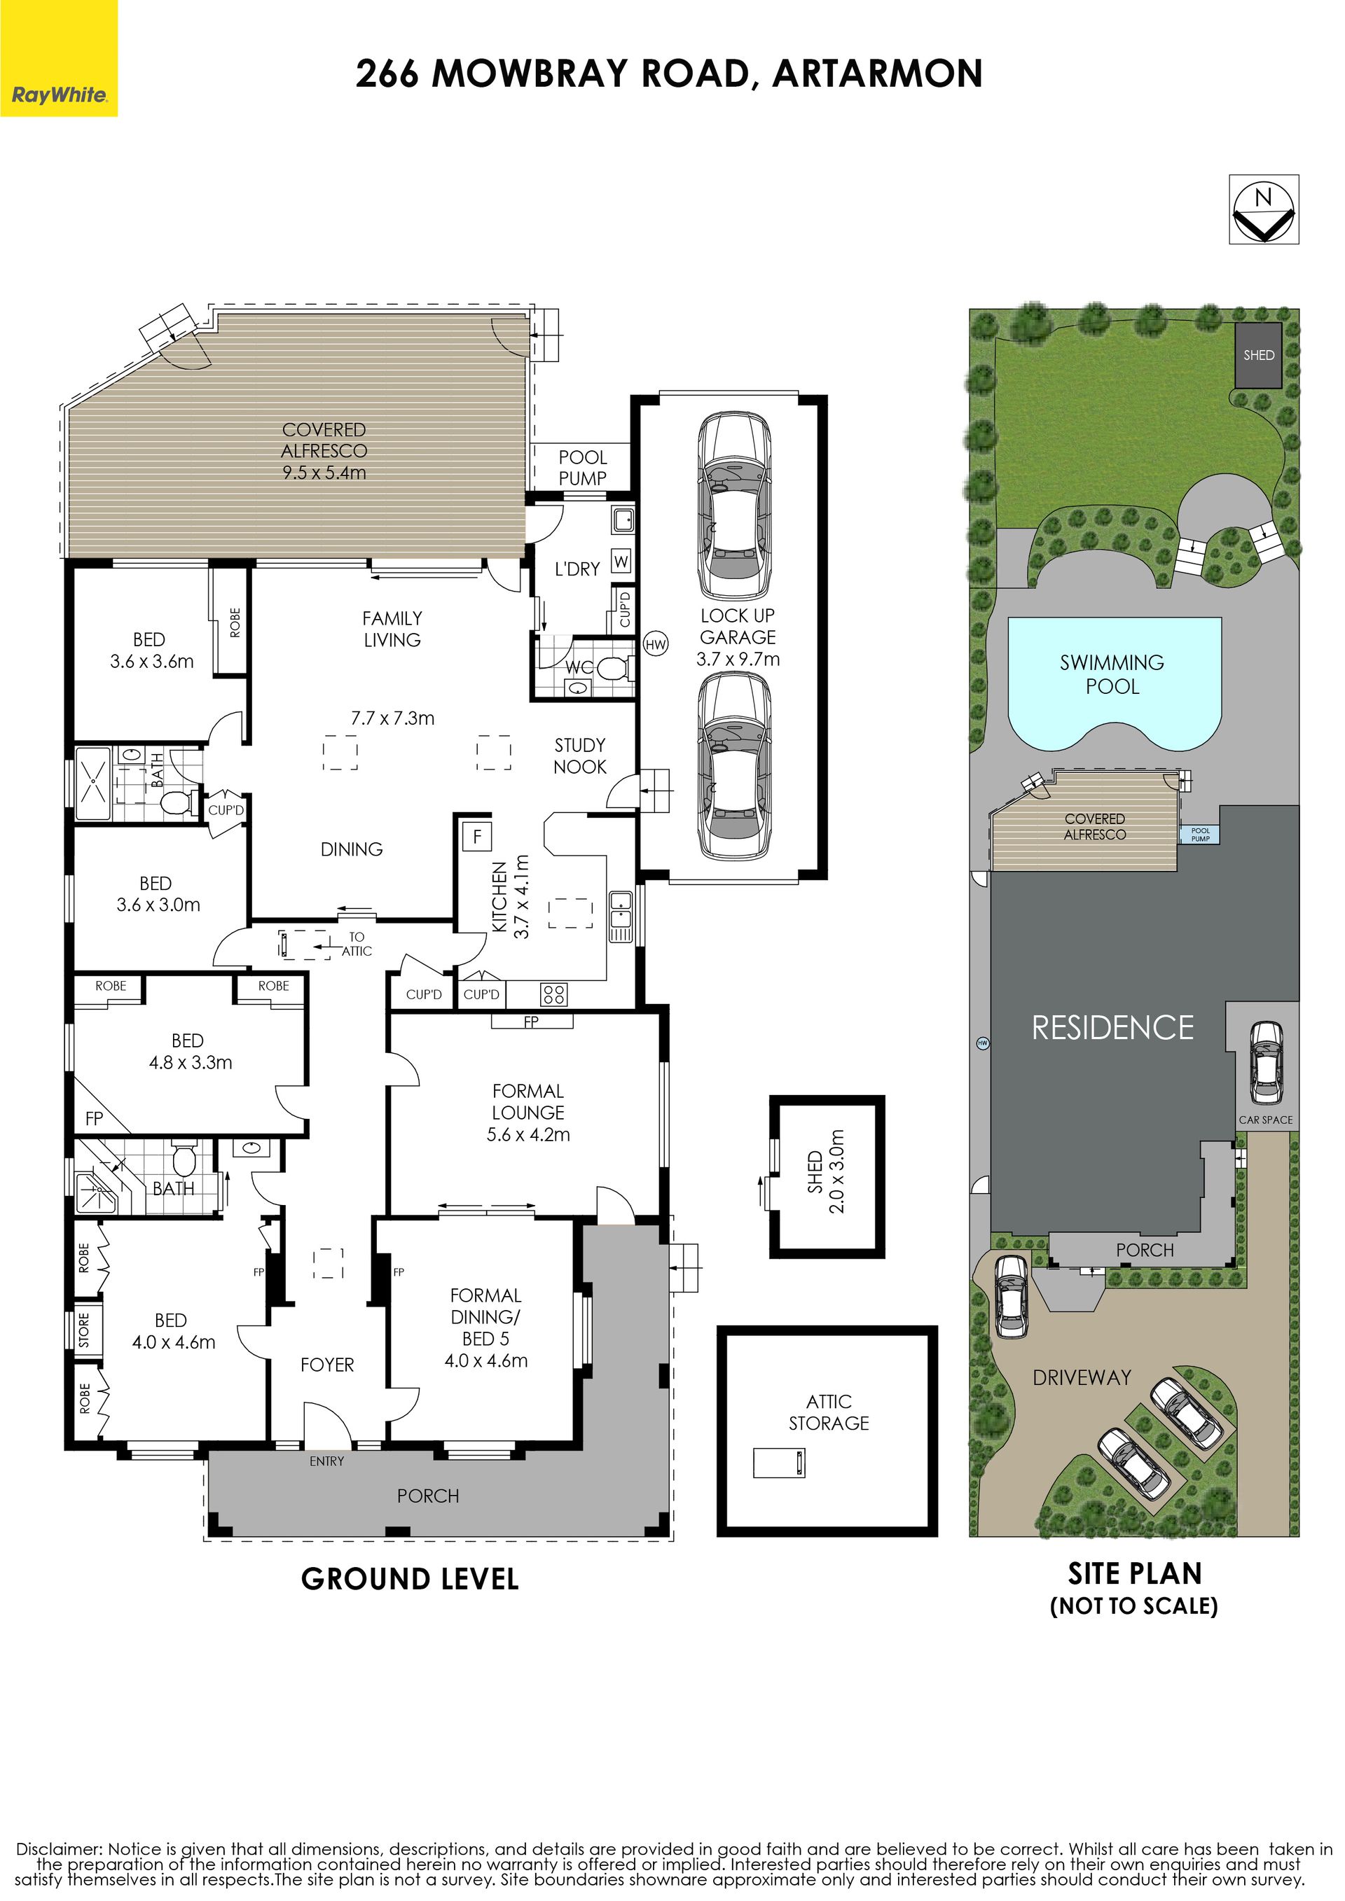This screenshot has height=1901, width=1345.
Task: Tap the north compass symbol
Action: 1263,209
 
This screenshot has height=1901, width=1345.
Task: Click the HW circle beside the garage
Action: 655,645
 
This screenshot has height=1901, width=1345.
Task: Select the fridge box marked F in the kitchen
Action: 477,836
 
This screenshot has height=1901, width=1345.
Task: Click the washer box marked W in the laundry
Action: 622,562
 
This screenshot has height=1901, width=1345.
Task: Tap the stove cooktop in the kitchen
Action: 554,994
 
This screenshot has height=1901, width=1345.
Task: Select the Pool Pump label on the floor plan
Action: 582,468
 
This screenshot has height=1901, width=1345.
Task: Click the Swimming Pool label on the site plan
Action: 1112,674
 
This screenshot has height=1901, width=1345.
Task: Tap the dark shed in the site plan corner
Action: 1259,354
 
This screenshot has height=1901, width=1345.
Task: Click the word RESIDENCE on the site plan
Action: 1112,1027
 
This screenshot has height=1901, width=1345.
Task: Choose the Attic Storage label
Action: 828,1412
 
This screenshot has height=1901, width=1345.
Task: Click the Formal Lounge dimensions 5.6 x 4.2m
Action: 528,1134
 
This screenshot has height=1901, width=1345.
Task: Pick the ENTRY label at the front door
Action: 326,1461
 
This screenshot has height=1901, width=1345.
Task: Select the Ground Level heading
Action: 410,1579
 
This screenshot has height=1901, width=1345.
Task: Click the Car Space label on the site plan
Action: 1266,1120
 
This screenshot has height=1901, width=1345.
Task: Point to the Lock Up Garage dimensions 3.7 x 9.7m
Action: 738,659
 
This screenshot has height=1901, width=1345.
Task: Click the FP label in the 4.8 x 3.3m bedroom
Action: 95,1119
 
